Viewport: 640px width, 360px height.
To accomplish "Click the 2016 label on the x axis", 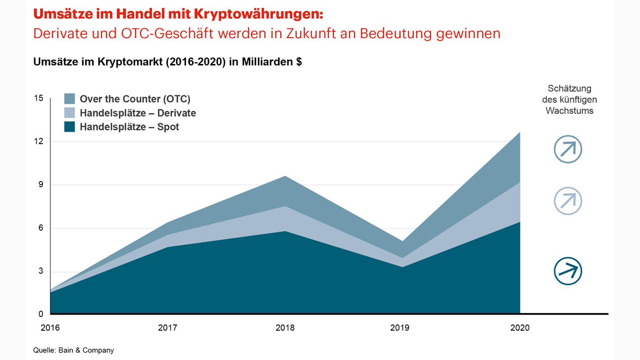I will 50,328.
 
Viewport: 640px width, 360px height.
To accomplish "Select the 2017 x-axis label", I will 168,328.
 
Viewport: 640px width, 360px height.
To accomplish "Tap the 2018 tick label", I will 285,328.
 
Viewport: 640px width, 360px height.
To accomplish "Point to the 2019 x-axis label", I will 400,328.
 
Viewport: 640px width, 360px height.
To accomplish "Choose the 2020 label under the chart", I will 520,328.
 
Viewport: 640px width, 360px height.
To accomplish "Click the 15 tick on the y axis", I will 39,98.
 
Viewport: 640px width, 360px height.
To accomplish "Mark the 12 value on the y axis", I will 39,141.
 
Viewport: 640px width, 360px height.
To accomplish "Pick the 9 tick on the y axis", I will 41,184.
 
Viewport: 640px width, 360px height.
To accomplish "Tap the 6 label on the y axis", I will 41,228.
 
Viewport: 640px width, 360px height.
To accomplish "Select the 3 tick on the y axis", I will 41,271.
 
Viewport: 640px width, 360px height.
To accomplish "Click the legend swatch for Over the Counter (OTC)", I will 69,99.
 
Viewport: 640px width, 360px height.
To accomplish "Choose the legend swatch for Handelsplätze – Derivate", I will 69,113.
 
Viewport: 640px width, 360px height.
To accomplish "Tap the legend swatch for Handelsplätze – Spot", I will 69,127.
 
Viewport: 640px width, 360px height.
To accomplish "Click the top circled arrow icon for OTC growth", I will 568,149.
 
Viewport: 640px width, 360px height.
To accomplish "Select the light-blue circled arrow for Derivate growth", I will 568,201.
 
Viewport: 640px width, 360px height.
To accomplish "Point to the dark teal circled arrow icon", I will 568,271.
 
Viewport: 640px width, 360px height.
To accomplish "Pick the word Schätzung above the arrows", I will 569,88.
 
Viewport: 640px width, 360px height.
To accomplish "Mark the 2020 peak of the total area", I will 520,132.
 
